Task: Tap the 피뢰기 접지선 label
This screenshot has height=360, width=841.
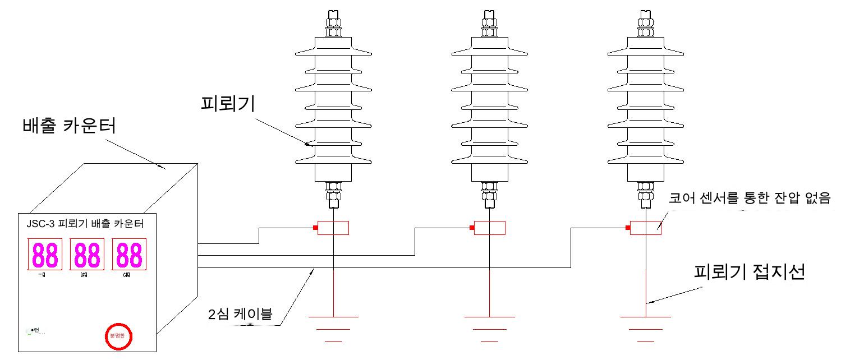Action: tap(749, 274)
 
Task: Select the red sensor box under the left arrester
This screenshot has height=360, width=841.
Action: tap(333, 228)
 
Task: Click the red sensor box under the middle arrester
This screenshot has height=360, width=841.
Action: tap(489, 228)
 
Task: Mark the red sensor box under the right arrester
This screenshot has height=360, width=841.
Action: tap(646, 228)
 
